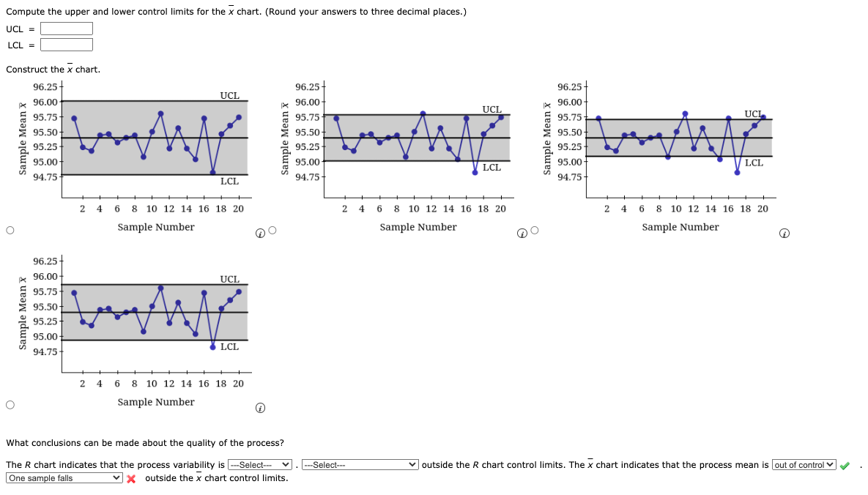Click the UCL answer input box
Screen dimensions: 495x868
pos(67,29)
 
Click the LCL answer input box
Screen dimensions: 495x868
pos(67,45)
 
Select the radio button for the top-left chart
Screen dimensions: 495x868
pos(10,231)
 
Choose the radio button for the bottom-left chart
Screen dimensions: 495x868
pos(10,405)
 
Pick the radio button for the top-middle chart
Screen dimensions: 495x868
pos(272,231)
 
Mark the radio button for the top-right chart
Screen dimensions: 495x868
pos(535,231)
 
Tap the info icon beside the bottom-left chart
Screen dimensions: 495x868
pos(260,408)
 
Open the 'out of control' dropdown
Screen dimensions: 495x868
pos(804,465)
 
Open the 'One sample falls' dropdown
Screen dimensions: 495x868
pos(64,478)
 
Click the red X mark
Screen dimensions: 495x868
pos(132,479)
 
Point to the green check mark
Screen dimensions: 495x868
pos(845,466)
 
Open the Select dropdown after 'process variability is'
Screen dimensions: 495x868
pos(260,465)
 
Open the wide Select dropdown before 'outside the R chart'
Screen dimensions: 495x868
pos(360,465)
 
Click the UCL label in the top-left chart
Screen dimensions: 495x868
pos(229,96)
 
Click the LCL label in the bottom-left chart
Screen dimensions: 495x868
pos(229,347)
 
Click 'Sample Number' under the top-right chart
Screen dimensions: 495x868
pos(680,227)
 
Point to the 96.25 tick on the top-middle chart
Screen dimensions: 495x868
pos(307,86)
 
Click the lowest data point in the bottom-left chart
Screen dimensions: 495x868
pos(213,347)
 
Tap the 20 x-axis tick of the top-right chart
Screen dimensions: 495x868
pos(762,209)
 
